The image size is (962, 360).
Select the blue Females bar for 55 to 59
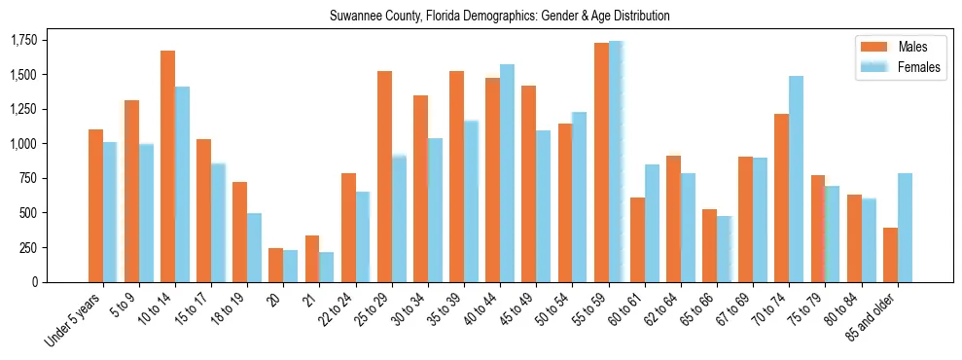coord(616,162)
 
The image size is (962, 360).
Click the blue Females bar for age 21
coord(327,267)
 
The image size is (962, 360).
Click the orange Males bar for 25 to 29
coord(385,176)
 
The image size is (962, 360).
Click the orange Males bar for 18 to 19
coord(240,232)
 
